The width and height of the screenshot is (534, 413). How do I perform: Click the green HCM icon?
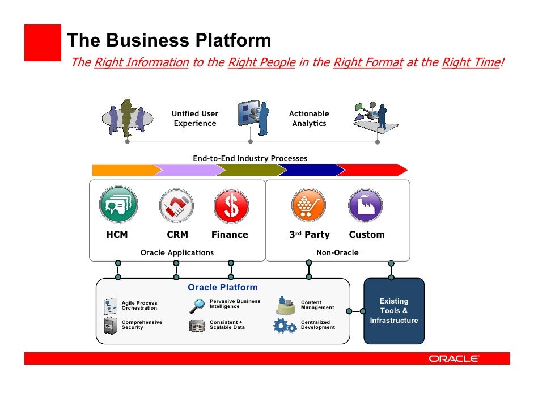pos(118,205)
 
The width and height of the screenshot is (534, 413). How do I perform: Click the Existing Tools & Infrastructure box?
pos(393,311)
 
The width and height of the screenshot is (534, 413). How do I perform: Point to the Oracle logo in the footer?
pos(454,359)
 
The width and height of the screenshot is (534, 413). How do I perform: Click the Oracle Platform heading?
pos(222,288)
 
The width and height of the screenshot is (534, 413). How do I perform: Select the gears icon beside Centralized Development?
pos(285,326)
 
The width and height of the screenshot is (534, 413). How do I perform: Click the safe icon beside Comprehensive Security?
pos(110,325)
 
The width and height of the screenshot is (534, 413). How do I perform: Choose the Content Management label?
pos(317,305)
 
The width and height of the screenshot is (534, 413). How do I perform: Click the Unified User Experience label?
pos(195,119)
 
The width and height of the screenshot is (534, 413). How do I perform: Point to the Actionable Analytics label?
pos(309,119)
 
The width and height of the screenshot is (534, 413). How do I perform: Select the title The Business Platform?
pos(169,40)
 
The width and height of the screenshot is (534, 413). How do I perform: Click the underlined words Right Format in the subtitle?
pos(367,62)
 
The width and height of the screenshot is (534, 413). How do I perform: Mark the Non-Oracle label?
pos(337,252)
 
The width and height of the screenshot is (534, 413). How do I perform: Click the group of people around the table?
pos(127,117)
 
